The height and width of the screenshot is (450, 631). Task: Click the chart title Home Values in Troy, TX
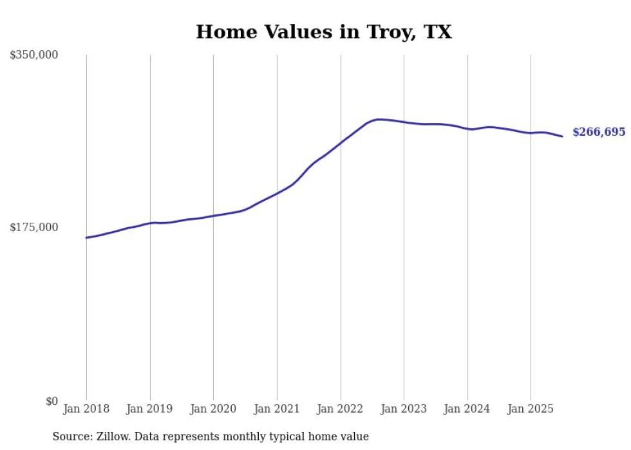pyautogui.click(x=323, y=32)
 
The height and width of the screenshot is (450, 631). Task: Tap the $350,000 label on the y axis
pyautogui.click(x=33, y=55)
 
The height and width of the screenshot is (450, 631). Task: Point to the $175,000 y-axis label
pyautogui.click(x=33, y=227)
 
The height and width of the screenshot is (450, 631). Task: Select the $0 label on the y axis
pyautogui.click(x=52, y=401)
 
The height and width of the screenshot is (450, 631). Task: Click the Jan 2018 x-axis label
pyautogui.click(x=86, y=409)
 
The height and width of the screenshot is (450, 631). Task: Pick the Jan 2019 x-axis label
pyautogui.click(x=150, y=409)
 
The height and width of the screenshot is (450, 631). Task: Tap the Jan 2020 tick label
pyautogui.click(x=213, y=409)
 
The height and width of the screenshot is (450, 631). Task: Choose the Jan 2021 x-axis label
pyautogui.click(x=277, y=409)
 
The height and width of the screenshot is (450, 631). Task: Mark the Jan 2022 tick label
pyautogui.click(x=341, y=409)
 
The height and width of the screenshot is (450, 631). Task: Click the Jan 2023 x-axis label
pyautogui.click(x=404, y=409)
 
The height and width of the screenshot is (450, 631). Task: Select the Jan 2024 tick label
pyautogui.click(x=467, y=409)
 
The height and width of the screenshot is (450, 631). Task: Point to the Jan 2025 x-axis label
pyautogui.click(x=531, y=409)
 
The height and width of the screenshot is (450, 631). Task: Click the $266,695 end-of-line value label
pyautogui.click(x=599, y=132)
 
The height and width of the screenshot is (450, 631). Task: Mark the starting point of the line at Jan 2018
pyautogui.click(x=86, y=238)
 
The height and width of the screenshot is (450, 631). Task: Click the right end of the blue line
pyautogui.click(x=562, y=136)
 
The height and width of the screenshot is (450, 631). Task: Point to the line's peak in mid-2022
pyautogui.click(x=379, y=119)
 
